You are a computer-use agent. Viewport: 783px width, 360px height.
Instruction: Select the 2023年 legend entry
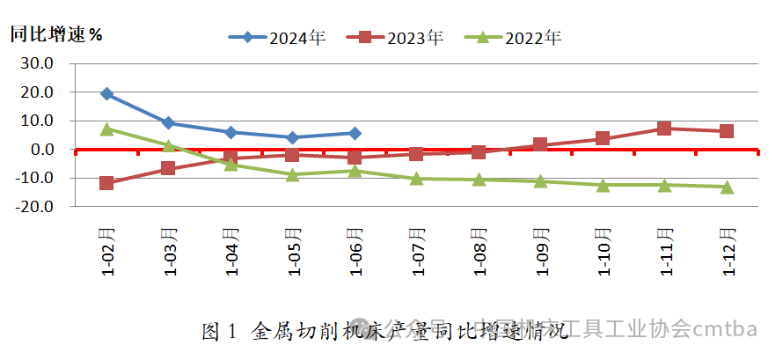tap(395, 38)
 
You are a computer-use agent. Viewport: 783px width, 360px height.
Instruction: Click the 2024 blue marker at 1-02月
tap(106, 93)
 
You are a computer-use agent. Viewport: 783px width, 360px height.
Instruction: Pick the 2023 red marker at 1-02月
tap(106, 183)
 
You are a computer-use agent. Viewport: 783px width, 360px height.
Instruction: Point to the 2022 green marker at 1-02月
tap(106, 129)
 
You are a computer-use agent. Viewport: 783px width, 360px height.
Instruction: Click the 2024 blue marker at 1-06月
tap(355, 133)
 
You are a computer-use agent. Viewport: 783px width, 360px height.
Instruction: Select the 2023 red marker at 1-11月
tap(664, 129)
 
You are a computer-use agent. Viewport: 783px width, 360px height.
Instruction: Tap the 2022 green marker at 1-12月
tap(727, 187)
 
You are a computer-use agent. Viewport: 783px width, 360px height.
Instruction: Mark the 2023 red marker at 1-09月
tap(540, 144)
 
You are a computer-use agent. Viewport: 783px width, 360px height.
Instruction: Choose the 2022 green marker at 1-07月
tap(416, 178)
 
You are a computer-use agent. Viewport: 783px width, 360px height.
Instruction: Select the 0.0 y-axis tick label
tap(42, 150)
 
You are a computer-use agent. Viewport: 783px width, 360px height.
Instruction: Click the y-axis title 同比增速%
tap(55, 35)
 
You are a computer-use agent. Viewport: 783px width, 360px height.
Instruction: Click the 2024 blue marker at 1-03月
tap(168, 123)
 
